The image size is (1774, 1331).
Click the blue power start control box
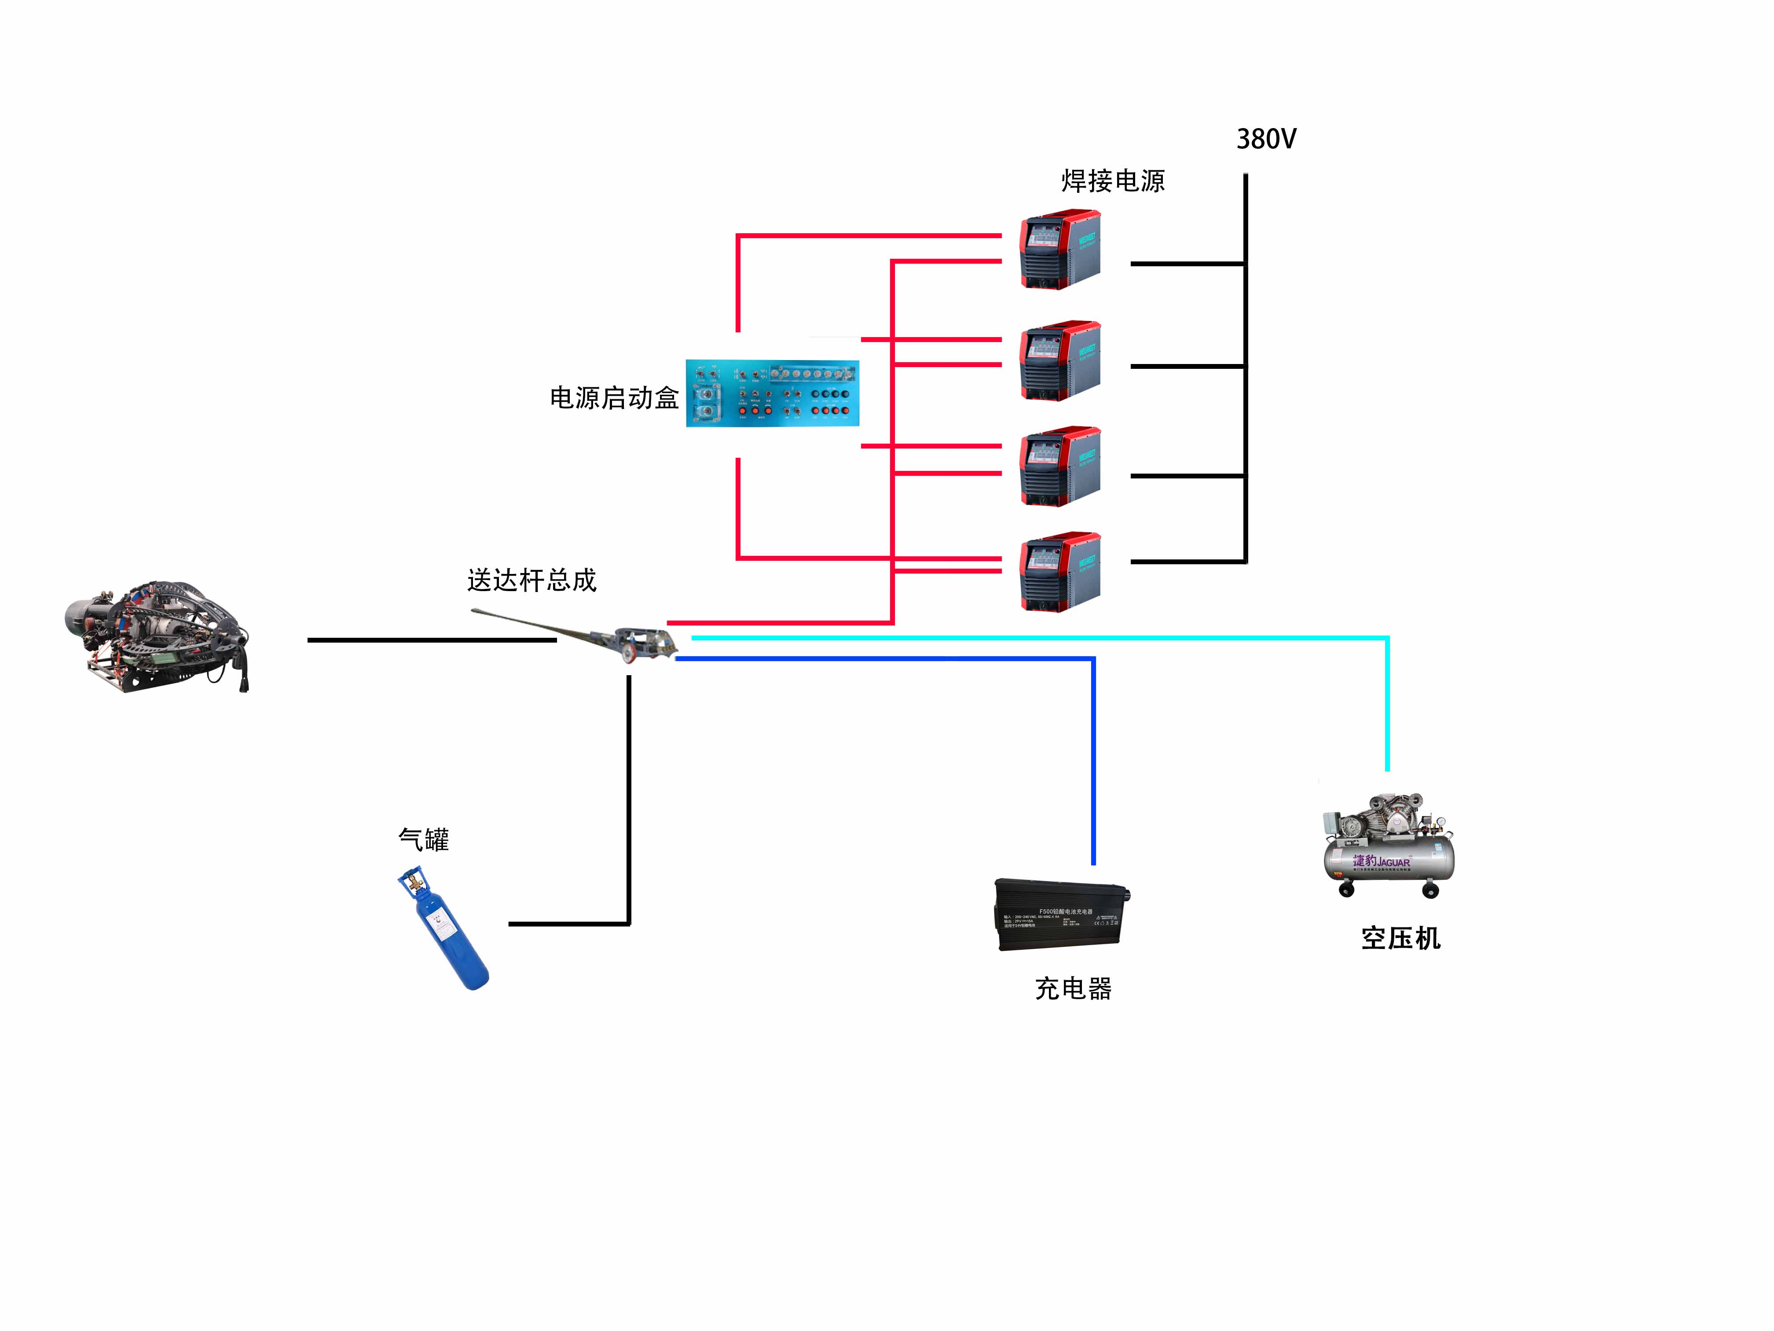[x=772, y=393]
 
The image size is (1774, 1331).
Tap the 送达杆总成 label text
[x=532, y=580]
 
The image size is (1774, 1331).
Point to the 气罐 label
[x=423, y=839]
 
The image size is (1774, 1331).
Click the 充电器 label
[x=1073, y=989]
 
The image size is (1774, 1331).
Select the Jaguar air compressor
[x=1387, y=846]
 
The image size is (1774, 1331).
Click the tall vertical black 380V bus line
[x=1246, y=369]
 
